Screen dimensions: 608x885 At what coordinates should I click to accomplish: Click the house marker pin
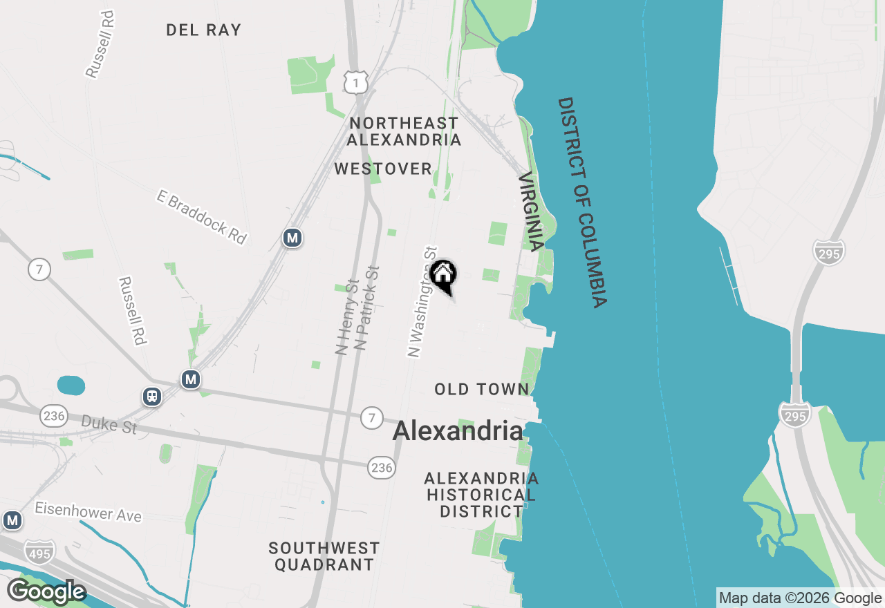tap(442, 274)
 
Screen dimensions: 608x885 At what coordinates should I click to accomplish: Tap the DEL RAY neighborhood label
tap(204, 30)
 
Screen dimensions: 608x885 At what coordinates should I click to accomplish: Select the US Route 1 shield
tap(355, 83)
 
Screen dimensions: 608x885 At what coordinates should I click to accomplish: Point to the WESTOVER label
tap(383, 169)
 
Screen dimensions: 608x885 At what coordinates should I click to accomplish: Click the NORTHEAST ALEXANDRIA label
tap(404, 131)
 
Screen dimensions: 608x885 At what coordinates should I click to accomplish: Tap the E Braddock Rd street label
tap(201, 217)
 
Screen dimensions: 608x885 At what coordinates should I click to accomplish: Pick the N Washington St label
tap(423, 302)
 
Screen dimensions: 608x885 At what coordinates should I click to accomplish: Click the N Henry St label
tap(346, 317)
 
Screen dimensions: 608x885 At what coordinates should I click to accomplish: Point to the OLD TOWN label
tap(482, 389)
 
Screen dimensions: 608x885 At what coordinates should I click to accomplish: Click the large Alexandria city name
tap(458, 431)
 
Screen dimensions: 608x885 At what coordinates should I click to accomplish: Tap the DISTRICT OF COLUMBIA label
tap(582, 202)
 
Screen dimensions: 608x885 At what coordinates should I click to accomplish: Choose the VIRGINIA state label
tap(531, 211)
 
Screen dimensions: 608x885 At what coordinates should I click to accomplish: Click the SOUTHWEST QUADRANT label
tap(324, 556)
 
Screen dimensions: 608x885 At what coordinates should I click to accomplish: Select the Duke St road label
tap(109, 424)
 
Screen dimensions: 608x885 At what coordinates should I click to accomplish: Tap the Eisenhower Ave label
tap(88, 512)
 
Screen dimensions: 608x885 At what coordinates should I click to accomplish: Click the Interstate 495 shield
tap(39, 551)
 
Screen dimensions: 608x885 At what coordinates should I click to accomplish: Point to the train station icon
tap(151, 397)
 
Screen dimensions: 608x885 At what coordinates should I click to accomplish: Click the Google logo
tap(46, 591)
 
